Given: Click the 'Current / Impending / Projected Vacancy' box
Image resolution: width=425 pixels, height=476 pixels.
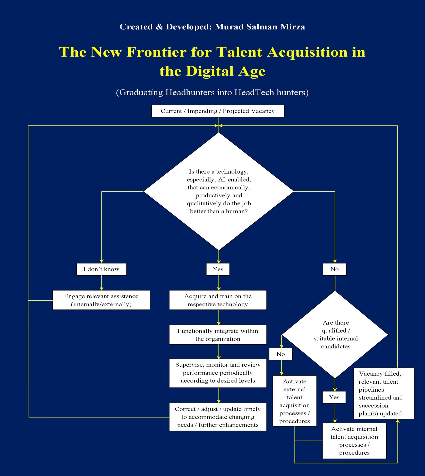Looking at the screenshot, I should tap(218, 111).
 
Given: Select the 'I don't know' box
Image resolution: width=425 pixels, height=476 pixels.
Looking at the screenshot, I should tap(101, 269).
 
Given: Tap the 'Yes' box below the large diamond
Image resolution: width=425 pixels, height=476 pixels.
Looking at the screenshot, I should tap(218, 269).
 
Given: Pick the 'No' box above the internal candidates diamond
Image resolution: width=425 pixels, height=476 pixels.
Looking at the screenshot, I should tap(334, 269).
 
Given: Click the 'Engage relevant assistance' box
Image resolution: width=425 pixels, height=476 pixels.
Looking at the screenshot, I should tap(101, 300).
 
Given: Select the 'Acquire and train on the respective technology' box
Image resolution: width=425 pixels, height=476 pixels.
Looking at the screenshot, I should tap(218, 300).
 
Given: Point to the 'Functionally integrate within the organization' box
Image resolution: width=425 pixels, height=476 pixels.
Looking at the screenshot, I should tap(218, 335).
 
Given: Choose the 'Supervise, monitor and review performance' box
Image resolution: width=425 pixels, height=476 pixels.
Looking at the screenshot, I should tap(218, 373).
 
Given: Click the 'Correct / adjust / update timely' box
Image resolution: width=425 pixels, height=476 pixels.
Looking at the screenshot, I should tap(218, 417).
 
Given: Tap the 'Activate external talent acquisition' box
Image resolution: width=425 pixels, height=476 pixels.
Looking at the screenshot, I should tap(294, 401).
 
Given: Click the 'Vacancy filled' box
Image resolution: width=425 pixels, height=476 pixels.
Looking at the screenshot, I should tap(384, 393).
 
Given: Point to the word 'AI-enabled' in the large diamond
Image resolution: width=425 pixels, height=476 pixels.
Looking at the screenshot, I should tap(234, 180).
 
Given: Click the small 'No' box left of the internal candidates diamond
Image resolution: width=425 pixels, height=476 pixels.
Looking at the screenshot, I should tap(281, 354).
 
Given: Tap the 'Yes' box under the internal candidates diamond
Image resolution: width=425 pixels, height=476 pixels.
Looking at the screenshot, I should tap(334, 397).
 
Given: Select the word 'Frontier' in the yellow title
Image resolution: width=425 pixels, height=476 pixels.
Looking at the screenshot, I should tap(157, 52).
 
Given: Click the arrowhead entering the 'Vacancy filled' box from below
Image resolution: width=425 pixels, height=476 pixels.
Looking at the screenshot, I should tap(397, 421).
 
